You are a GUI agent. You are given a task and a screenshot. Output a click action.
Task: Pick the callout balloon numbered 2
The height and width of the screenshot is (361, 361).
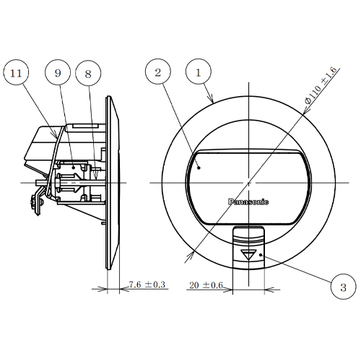(x=158, y=71)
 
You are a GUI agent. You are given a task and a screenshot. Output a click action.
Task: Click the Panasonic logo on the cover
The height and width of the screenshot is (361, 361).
(x=248, y=202)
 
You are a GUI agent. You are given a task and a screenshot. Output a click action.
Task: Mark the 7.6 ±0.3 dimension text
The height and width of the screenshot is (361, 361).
(x=147, y=285)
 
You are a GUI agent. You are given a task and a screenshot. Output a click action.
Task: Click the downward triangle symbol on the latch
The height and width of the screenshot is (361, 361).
(x=250, y=253)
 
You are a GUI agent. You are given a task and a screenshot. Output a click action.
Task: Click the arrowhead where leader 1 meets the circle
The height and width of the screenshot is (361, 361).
(x=212, y=100)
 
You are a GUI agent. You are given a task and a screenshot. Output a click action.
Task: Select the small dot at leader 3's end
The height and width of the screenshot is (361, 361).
(x=261, y=256)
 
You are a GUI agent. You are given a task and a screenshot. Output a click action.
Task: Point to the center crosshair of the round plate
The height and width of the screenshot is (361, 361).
(x=248, y=181)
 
